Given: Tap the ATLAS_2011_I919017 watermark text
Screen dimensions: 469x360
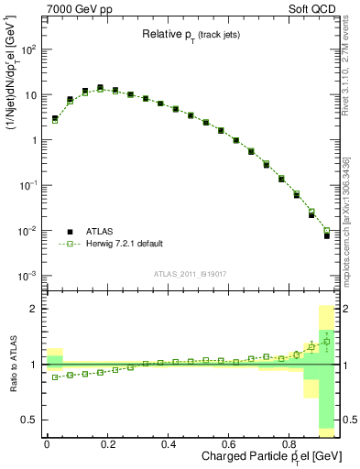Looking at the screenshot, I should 191,273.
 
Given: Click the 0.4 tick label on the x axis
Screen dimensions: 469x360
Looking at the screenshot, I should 169,444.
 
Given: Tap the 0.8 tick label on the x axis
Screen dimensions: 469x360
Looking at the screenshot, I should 289,444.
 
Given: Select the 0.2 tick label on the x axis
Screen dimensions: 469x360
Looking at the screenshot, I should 108,444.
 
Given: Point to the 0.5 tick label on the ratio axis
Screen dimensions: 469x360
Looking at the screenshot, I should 29,420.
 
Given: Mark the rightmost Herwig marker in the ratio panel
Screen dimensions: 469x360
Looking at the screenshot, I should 326,342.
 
